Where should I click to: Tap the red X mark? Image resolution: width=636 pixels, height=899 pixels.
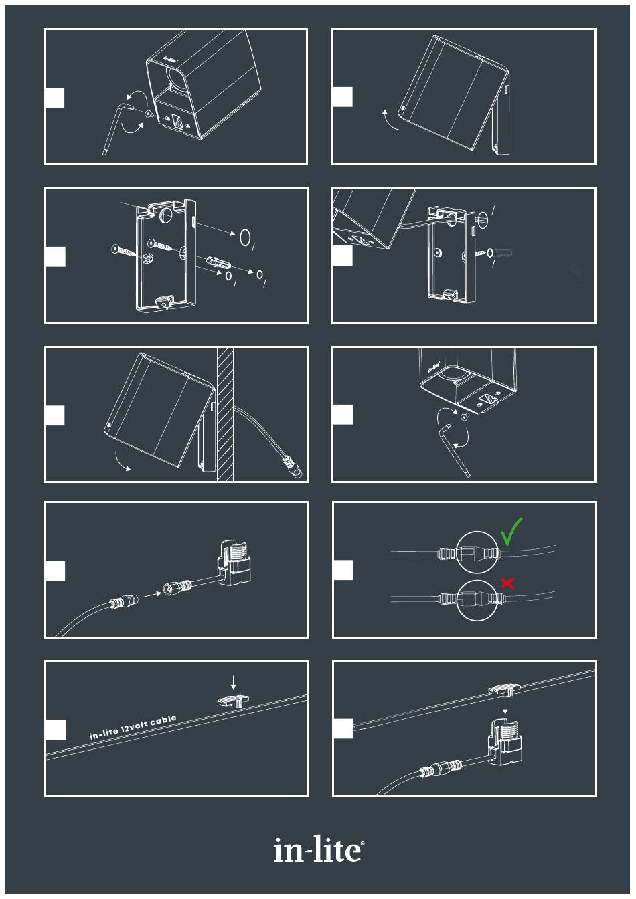[x=507, y=583]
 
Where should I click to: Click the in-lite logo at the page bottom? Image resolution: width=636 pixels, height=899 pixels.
[x=319, y=850]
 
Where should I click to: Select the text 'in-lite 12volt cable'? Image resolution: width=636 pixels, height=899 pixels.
[x=133, y=727]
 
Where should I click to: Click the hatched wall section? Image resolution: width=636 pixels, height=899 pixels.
[x=226, y=414]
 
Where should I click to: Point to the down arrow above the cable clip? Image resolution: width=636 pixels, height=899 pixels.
[x=234, y=682]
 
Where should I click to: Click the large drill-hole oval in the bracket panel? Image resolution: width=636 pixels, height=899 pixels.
[x=245, y=237]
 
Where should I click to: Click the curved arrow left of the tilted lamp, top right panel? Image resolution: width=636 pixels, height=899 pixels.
[x=389, y=120]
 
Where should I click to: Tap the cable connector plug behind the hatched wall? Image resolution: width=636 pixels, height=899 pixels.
[x=293, y=467]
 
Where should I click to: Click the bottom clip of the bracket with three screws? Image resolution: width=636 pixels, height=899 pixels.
[x=164, y=301]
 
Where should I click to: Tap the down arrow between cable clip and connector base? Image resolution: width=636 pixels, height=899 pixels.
[x=505, y=707]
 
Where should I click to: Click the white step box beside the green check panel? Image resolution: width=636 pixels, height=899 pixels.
[x=343, y=570]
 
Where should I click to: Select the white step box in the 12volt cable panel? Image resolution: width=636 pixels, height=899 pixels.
[x=56, y=730]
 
